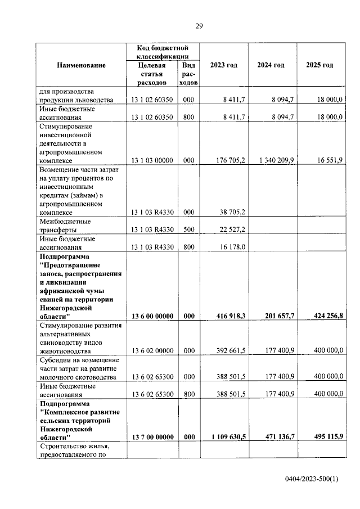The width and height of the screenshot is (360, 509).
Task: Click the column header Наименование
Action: coord(81,65)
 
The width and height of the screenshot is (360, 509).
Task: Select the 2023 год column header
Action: coord(223,65)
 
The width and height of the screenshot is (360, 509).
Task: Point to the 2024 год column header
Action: coord(271,65)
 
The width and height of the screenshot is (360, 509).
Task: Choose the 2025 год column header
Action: coord(319,65)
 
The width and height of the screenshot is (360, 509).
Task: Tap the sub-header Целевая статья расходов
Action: coord(152,74)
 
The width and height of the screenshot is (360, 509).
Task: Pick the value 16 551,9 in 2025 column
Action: coord(326,160)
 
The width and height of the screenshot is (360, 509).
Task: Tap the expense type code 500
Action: coord(188,230)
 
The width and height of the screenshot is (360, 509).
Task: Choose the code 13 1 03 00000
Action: coord(152,160)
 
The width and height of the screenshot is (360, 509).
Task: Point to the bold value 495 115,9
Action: coord(324,436)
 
